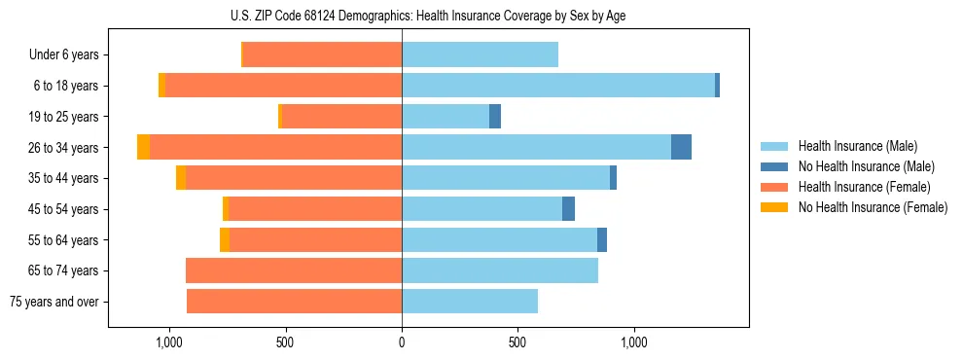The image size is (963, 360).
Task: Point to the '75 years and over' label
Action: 54,302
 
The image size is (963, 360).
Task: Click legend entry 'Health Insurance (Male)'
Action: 857,146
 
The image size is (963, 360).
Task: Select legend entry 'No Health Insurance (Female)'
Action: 873,207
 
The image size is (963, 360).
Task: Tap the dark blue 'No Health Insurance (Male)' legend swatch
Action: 775,166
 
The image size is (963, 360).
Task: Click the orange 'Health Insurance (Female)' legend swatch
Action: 775,187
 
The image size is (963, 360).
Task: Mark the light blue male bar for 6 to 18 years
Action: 558,86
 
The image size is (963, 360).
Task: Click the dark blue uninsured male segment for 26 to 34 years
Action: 681,147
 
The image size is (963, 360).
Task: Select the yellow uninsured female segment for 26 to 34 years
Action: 143,147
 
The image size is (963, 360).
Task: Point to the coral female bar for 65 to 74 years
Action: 294,270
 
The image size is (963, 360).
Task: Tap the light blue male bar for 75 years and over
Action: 470,302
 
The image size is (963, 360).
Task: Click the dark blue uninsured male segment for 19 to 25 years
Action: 495,117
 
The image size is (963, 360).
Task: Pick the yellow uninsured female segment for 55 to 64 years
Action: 225,239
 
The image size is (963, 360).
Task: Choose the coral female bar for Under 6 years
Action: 322,55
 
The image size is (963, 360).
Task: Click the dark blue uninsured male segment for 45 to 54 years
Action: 568,209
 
